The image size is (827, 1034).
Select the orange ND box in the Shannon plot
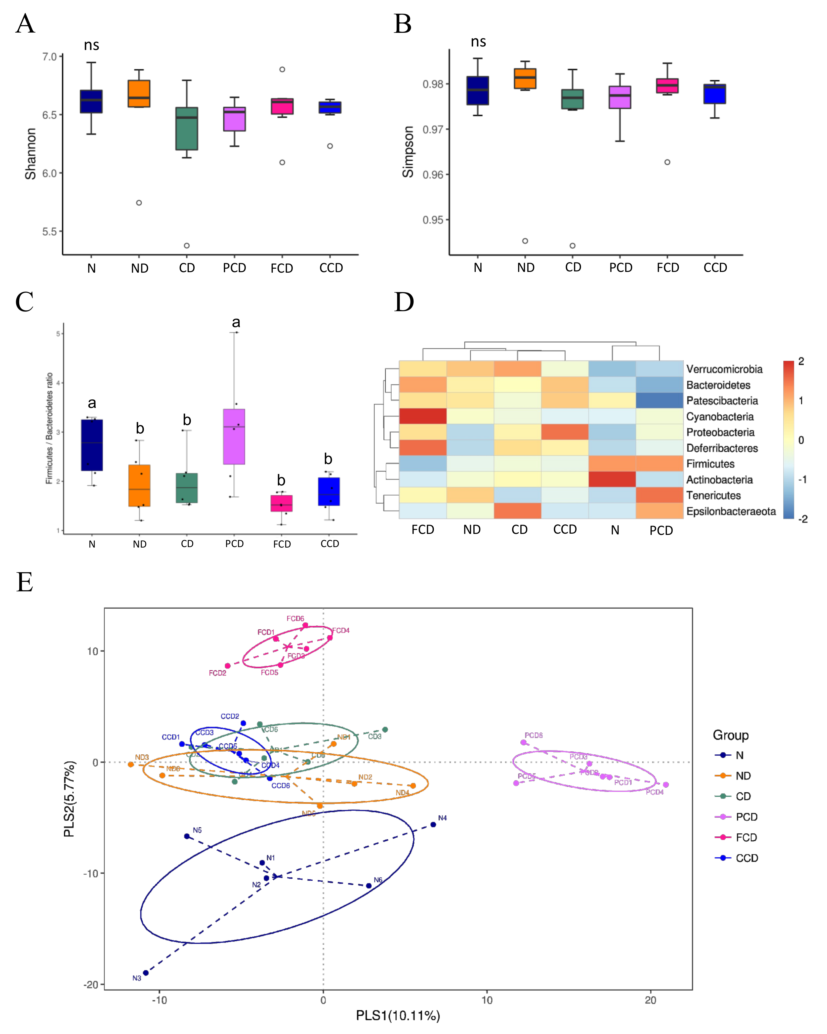(139, 93)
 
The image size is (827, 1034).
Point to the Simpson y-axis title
(408, 152)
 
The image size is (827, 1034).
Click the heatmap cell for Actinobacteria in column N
(612, 479)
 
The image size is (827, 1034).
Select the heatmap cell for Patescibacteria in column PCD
(660, 400)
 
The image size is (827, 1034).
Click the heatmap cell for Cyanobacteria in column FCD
(423, 416)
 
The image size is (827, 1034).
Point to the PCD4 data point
(665, 785)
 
